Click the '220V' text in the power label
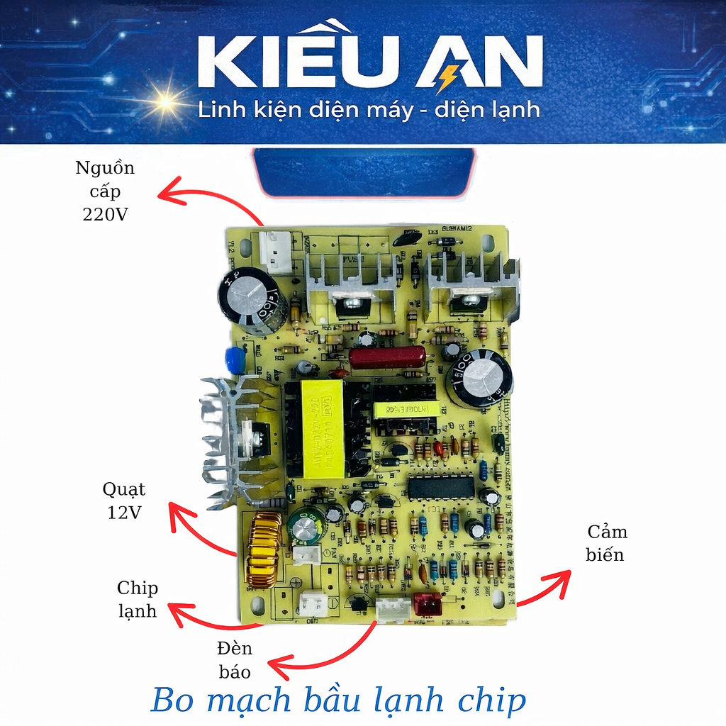[x=106, y=213]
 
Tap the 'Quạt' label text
[x=124, y=489]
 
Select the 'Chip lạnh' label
[x=138, y=599]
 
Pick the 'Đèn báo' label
[x=235, y=659]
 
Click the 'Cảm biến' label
[x=607, y=543]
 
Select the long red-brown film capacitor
[x=387, y=357]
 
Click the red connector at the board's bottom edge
[x=427, y=604]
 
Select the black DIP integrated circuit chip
[x=440, y=487]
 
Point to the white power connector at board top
[x=276, y=251]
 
